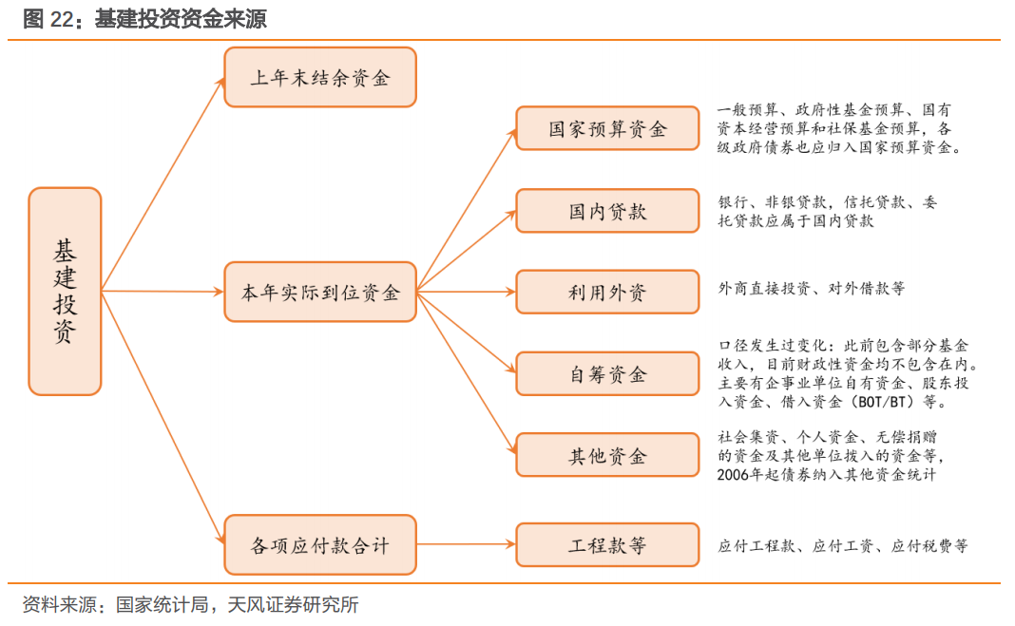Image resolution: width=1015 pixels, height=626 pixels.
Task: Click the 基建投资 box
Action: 65,291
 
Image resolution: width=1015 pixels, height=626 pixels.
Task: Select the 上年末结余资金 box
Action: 319,77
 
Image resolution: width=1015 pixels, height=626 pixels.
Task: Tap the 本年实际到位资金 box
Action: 319,292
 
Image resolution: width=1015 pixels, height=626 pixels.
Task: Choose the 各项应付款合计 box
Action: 319,544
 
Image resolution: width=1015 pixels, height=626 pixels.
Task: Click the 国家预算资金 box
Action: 607,128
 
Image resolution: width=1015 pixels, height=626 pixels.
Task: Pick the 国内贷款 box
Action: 607,210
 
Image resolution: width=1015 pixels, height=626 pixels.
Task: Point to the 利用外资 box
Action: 607,292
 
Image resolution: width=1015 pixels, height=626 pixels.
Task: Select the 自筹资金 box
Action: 607,373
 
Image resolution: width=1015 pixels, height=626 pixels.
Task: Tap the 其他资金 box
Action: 607,455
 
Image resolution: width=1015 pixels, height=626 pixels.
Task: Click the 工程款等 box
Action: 607,544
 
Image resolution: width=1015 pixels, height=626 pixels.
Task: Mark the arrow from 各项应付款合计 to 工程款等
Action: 466,544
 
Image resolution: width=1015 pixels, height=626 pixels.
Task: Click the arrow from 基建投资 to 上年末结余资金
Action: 163,184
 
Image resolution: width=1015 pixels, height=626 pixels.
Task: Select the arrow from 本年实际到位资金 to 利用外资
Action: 466,292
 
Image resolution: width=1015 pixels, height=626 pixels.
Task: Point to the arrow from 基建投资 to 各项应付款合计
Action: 163,418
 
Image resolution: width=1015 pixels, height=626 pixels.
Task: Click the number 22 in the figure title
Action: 62,19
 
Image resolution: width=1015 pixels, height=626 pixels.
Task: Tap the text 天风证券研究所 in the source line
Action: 294,605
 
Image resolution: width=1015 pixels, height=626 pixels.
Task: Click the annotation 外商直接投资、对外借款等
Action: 811,289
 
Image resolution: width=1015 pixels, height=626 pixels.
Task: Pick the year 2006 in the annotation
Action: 732,475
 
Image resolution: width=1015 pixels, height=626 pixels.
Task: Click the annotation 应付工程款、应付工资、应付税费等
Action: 843,546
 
